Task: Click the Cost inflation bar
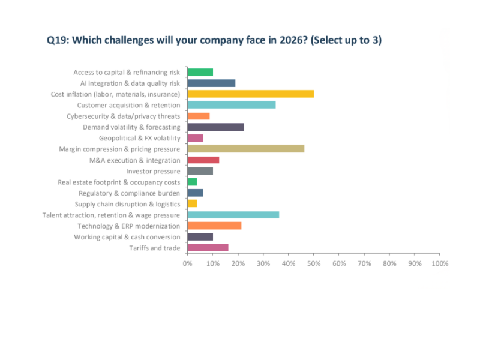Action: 250,94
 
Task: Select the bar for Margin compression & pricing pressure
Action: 245,148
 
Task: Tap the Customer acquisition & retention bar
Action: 231,104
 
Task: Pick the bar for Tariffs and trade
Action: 208,247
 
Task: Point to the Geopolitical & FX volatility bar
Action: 195,137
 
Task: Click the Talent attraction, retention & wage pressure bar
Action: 233,214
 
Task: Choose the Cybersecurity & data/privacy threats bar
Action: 198,116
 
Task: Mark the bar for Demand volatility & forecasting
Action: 215,127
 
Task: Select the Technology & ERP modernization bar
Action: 214,226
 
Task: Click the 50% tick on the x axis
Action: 313,263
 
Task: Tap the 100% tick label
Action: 439,263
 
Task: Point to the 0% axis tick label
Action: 187,263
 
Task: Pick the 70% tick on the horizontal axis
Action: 364,263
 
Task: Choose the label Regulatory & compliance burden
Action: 129,193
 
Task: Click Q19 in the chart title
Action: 58,40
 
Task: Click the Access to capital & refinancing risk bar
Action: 200,72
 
